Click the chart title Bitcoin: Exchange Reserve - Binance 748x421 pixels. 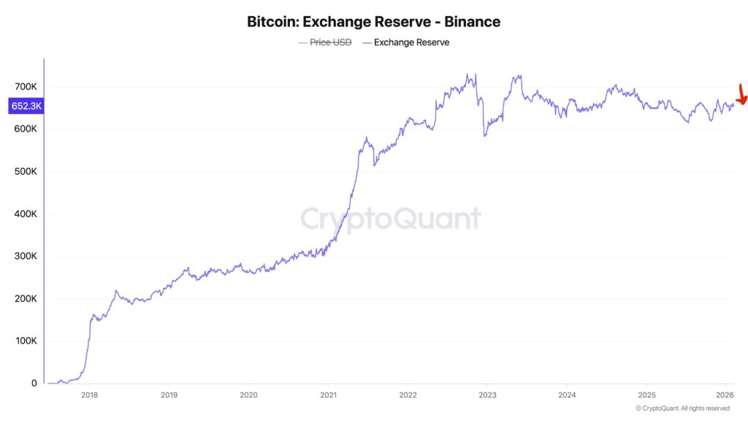pyautogui.click(x=373, y=21)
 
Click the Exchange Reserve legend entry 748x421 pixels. pyautogui.click(x=411, y=42)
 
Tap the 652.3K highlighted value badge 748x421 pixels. pyautogui.click(x=26, y=107)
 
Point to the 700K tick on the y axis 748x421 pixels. pyautogui.click(x=26, y=87)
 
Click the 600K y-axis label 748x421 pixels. pyautogui.click(x=26, y=129)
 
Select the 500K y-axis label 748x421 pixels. pyautogui.click(x=26, y=172)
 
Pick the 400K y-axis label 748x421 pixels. pyautogui.click(x=26, y=214)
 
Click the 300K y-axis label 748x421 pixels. pyautogui.click(x=26, y=257)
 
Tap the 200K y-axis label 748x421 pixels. pyautogui.click(x=26, y=299)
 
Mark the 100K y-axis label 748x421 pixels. pyautogui.click(x=26, y=341)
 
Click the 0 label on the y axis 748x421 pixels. pyautogui.click(x=34, y=383)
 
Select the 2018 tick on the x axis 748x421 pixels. pyautogui.click(x=89, y=395)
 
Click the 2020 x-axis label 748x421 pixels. pyautogui.click(x=248, y=395)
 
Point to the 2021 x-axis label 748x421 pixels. pyautogui.click(x=328, y=395)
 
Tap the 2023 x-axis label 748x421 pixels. pyautogui.click(x=487, y=395)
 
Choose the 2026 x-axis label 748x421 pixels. pyautogui.click(x=725, y=395)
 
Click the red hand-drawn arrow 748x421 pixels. pyautogui.click(x=741, y=96)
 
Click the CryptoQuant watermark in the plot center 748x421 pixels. pyautogui.click(x=391, y=219)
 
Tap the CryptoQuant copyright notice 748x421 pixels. pyautogui.click(x=682, y=409)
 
